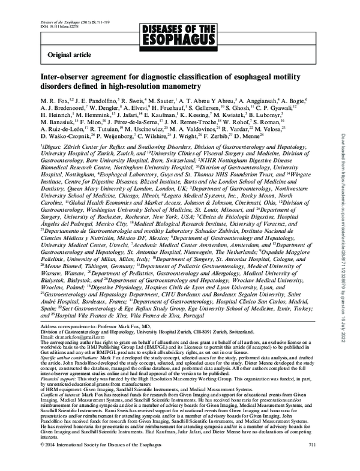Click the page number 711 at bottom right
tap(311, 460)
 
